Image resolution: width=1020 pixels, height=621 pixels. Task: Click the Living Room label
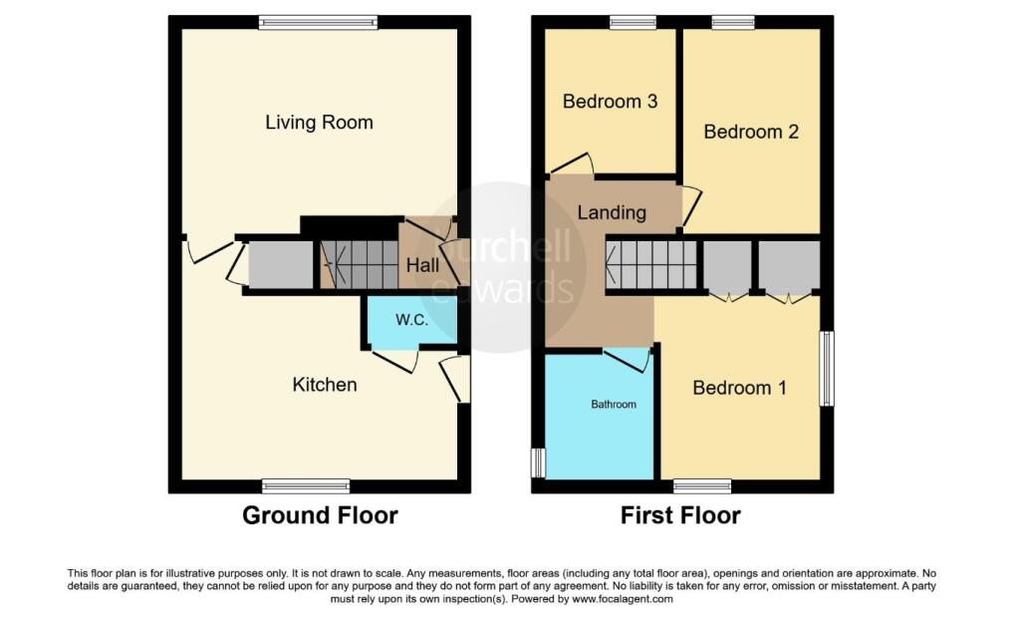coord(319,123)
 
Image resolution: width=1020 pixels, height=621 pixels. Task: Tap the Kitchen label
coord(325,385)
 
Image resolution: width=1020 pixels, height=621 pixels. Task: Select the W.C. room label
coord(411,320)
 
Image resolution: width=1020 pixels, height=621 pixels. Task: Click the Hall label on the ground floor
coord(422,265)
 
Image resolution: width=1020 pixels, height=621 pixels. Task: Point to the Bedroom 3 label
coord(610,102)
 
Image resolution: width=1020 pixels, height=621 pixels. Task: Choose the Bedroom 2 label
coord(751,133)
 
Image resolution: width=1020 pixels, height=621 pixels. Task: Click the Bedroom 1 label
coord(740,388)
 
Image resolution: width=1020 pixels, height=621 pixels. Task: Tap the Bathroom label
coord(614,405)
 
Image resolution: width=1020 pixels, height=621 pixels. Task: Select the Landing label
coord(613,213)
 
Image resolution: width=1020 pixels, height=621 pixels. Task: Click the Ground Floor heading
coord(320,515)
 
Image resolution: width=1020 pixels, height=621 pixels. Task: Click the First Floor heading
coord(680,515)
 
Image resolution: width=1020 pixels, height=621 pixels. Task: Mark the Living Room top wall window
coord(318,23)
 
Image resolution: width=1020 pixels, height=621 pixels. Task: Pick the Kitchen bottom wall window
coord(306,485)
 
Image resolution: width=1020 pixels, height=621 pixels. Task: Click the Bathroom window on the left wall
coord(538,463)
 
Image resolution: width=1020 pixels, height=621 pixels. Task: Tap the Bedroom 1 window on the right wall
coord(826,369)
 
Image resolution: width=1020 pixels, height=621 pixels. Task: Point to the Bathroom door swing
coord(628,361)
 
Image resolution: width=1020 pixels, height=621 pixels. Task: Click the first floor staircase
coord(651,265)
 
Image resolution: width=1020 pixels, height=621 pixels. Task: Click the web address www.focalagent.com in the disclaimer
coord(622,599)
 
